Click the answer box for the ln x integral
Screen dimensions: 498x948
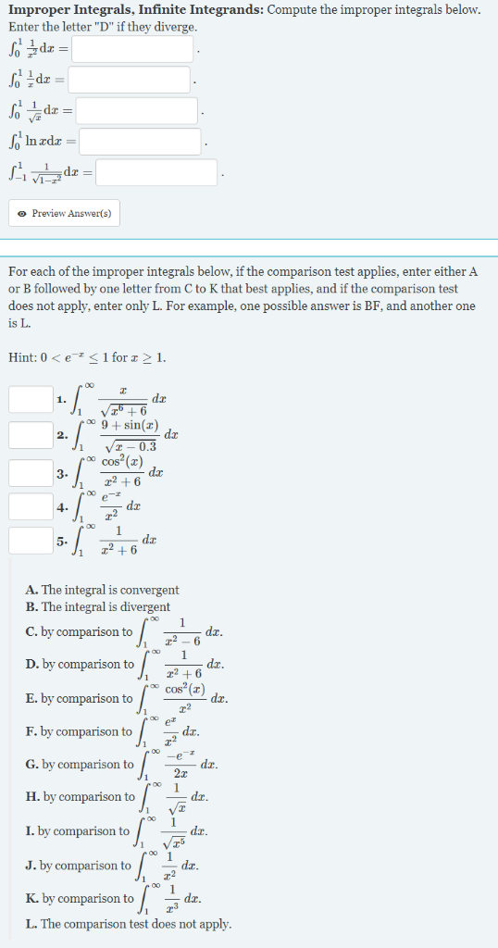point(140,142)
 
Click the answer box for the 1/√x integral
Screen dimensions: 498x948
point(137,111)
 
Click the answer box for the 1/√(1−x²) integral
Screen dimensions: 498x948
point(156,172)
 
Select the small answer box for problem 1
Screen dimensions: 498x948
point(31,399)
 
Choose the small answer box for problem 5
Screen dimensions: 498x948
point(31,541)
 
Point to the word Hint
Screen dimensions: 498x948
point(21,357)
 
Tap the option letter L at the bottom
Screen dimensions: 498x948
point(31,924)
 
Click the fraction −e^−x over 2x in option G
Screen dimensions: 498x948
point(179,765)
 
